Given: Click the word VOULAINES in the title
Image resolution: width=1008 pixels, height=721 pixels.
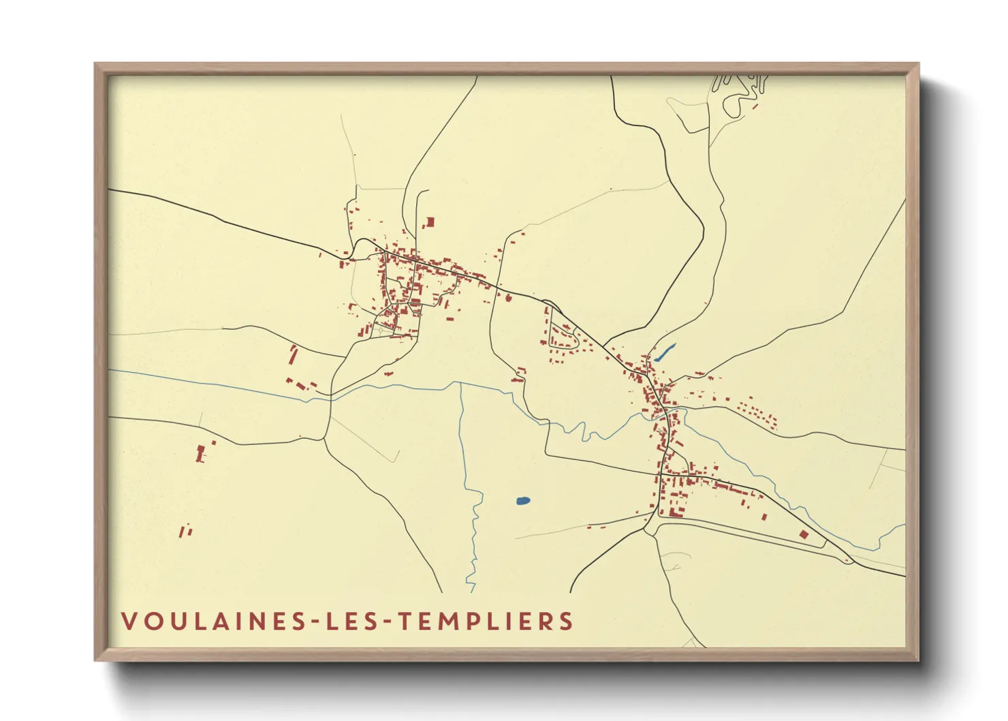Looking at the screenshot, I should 214,622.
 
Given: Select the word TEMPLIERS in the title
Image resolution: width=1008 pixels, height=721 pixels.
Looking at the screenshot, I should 486,622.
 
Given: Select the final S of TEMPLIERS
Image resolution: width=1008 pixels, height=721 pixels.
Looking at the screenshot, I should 566,622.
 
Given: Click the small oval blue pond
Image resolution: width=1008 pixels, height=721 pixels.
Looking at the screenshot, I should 523,501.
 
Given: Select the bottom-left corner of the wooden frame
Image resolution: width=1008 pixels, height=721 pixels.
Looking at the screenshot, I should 96,659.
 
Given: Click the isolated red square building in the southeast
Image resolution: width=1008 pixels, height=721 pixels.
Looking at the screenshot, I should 804,534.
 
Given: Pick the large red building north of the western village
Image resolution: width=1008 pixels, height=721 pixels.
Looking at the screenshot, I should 430,222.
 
